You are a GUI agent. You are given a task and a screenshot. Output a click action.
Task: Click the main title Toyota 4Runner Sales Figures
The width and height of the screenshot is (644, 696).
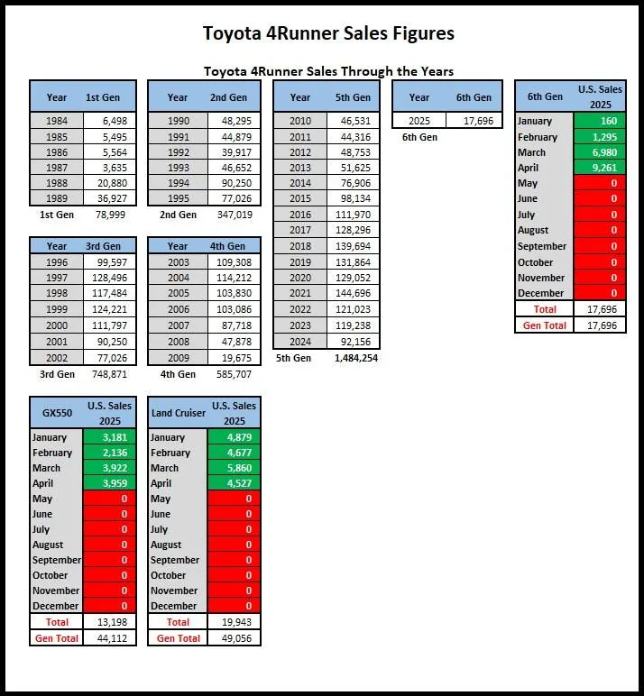[327, 34]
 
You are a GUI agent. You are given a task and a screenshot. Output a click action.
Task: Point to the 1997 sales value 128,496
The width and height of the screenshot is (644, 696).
[109, 277]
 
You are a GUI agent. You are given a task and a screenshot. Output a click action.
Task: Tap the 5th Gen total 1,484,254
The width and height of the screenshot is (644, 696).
[351, 358]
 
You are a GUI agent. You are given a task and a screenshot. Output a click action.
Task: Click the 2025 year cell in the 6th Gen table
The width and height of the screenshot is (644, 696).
[419, 120]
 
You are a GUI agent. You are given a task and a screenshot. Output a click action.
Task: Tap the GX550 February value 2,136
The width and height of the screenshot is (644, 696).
[109, 453]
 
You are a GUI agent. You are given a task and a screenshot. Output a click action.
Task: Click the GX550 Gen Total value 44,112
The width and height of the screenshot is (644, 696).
[109, 638]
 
